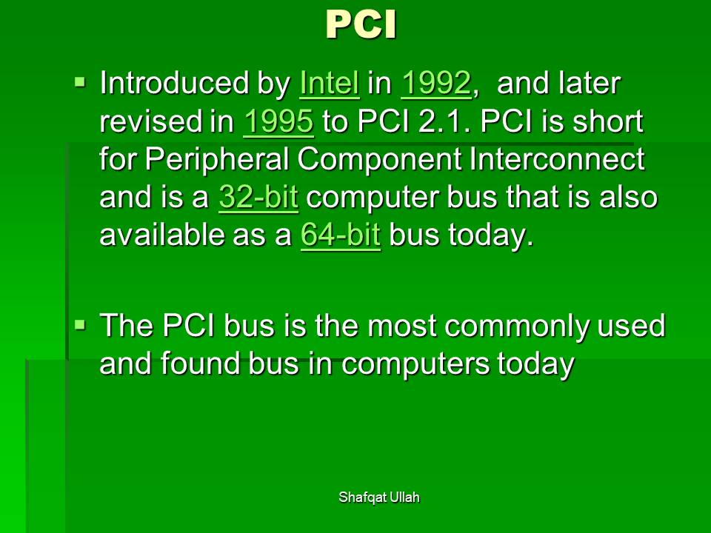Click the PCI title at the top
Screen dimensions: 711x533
[x=361, y=25]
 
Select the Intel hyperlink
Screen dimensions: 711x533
[x=329, y=83]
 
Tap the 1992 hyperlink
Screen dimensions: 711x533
[x=436, y=83]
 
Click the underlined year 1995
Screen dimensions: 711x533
[x=278, y=121]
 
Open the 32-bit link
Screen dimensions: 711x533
[x=258, y=197]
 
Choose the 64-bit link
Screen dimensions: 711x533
[x=341, y=235]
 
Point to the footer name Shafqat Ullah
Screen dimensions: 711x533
[x=379, y=497]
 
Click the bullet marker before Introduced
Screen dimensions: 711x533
[x=80, y=82]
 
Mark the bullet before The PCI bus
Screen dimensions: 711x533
[x=80, y=325]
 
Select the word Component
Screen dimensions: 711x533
[x=379, y=160]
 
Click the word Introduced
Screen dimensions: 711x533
[x=175, y=83]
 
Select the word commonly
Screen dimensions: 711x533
[x=516, y=326]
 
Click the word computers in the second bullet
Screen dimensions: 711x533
[x=415, y=364]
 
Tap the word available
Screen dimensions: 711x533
[x=162, y=235]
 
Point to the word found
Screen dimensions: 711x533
[x=199, y=363]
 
